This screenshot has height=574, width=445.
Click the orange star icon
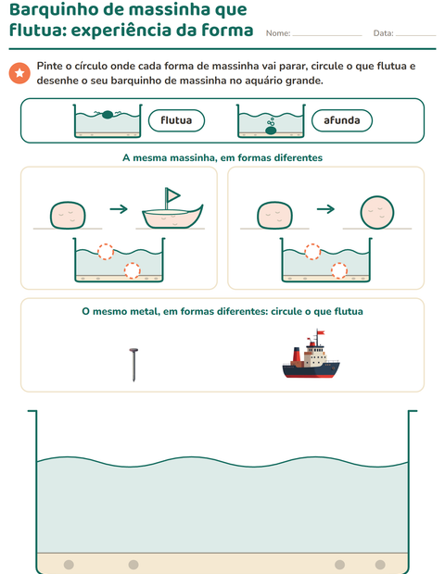(19, 73)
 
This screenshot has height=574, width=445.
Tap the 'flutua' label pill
(176, 120)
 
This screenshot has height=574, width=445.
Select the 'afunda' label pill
(342, 120)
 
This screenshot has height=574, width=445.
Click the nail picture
(133, 365)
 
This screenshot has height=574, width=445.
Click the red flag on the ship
(321, 332)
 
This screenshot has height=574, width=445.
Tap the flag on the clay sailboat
(172, 194)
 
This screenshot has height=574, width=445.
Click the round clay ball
(376, 212)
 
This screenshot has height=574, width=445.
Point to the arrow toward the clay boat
(119, 209)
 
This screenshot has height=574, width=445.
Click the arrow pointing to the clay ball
(325, 209)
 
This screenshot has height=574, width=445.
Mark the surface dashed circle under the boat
(106, 252)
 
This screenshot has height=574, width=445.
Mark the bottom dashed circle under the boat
(132, 270)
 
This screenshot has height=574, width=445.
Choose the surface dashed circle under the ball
(312, 252)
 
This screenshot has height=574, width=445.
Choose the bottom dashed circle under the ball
(339, 270)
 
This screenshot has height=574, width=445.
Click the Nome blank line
(327, 35)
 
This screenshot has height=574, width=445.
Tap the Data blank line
(415, 35)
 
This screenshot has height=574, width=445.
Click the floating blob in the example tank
(107, 115)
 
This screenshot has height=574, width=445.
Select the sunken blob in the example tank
(271, 131)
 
